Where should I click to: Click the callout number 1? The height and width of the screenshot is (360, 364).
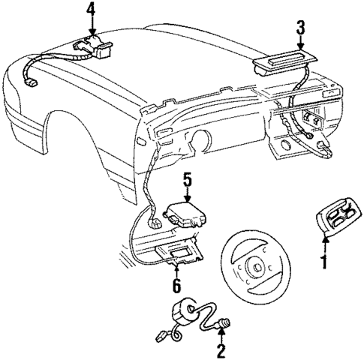[324, 262]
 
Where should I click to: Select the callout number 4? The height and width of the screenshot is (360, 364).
[90, 10]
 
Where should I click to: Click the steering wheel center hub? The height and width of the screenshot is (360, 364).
[254, 266]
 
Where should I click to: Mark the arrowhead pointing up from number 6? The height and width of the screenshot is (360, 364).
[177, 265]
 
